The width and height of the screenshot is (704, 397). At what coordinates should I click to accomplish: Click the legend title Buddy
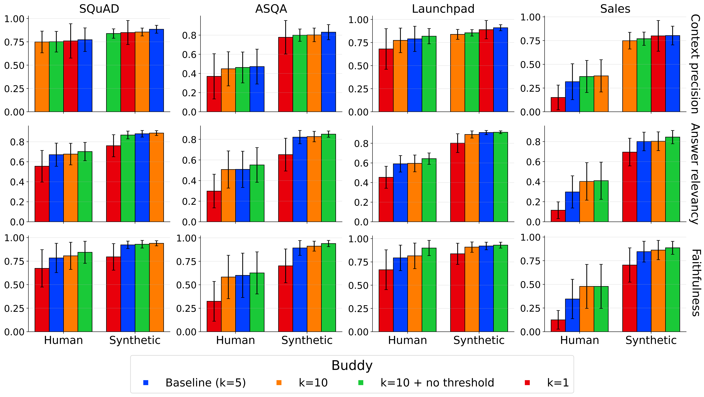click(352, 365)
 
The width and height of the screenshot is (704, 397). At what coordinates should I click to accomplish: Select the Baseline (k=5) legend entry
click(206, 383)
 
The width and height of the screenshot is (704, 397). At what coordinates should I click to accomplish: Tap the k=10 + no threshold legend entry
click(437, 383)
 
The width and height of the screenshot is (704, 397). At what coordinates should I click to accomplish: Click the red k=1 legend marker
click(527, 383)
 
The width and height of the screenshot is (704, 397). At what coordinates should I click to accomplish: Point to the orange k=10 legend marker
click(279, 383)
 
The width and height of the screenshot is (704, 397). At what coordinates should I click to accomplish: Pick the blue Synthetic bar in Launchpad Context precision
click(500, 70)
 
